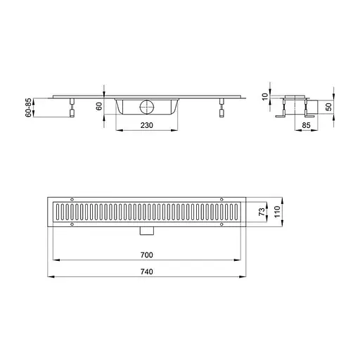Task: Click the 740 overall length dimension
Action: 147,271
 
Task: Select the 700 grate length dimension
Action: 147,255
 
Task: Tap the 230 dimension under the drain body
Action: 147,125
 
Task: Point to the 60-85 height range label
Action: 28,108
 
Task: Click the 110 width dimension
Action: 277,212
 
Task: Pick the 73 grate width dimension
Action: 262,212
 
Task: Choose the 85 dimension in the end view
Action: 306,125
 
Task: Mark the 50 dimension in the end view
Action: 329,107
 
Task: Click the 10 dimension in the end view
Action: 265,96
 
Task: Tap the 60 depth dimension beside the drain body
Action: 99,106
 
